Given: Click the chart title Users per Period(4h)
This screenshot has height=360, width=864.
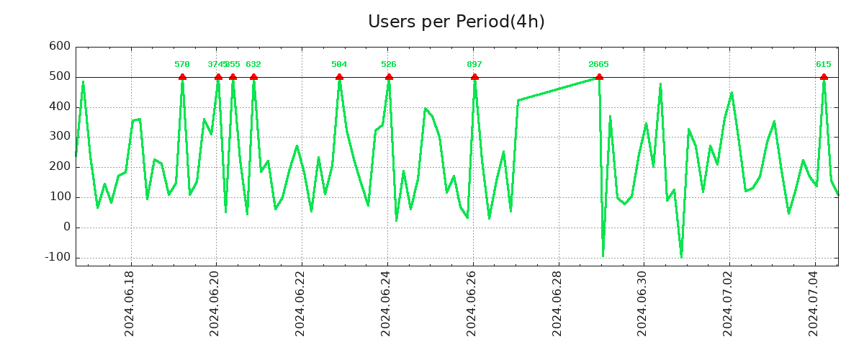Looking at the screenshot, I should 456,22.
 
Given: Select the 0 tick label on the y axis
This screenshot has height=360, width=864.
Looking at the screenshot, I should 67,227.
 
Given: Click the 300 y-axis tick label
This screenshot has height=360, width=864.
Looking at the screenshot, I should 59,136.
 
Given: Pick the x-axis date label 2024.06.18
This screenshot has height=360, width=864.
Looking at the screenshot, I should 130,302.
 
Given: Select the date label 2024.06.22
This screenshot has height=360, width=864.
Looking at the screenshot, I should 301,302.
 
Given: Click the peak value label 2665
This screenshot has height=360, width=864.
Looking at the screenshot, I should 598,65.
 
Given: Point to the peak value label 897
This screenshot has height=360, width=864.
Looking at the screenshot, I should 474,65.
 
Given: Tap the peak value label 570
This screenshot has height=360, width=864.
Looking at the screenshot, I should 182,65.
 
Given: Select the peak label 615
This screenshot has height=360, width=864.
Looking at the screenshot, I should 824,65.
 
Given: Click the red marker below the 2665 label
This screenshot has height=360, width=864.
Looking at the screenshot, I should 599,77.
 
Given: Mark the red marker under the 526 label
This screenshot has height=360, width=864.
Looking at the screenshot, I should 389,77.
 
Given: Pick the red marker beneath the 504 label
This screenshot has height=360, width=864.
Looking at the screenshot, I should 339,77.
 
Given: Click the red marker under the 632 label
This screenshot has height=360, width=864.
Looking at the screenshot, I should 253,77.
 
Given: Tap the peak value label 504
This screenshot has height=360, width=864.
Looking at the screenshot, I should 339,65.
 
